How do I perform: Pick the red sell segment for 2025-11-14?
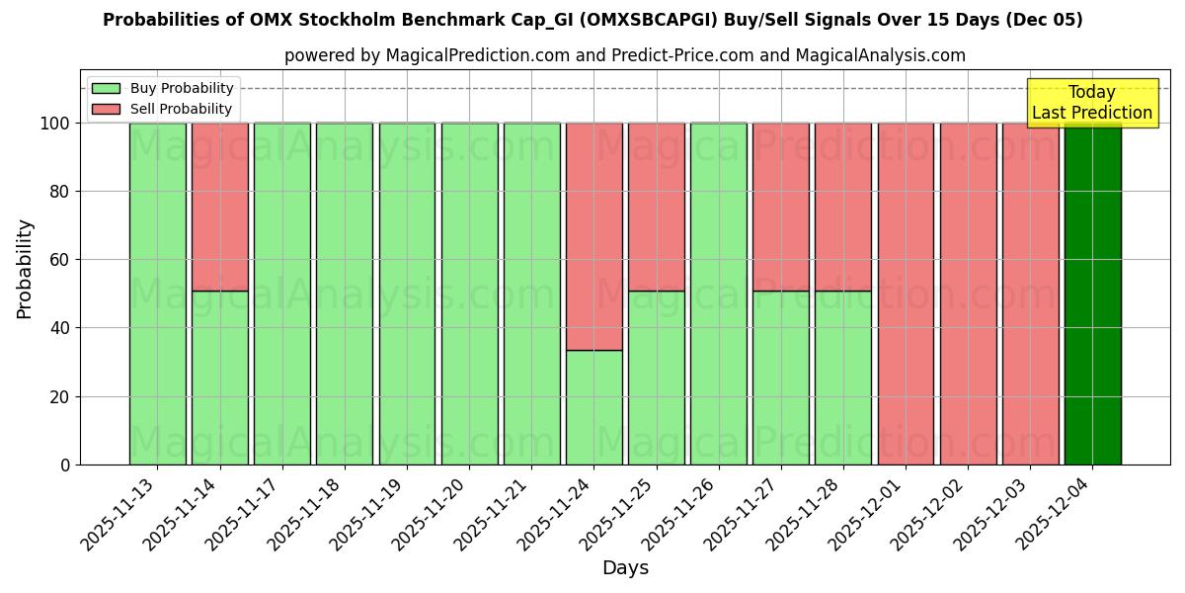[x=220, y=207]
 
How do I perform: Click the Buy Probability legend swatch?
[x=106, y=89]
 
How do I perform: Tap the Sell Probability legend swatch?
[x=106, y=110]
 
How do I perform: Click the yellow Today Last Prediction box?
[x=1092, y=103]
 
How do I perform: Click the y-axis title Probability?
[x=25, y=269]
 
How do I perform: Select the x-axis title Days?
[x=625, y=568]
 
